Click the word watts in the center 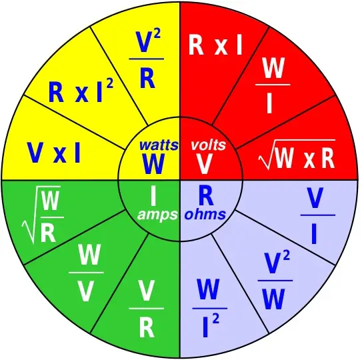159,145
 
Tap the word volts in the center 208,145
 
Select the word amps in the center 157,215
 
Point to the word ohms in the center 205,215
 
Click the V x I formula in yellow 54,153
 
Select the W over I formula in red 273,85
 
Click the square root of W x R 297,154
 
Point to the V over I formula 318,215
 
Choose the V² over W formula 275,281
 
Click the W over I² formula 209,308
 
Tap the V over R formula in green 147,308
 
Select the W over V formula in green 86,273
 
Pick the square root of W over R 43,215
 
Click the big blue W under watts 153,164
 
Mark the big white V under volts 204,164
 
